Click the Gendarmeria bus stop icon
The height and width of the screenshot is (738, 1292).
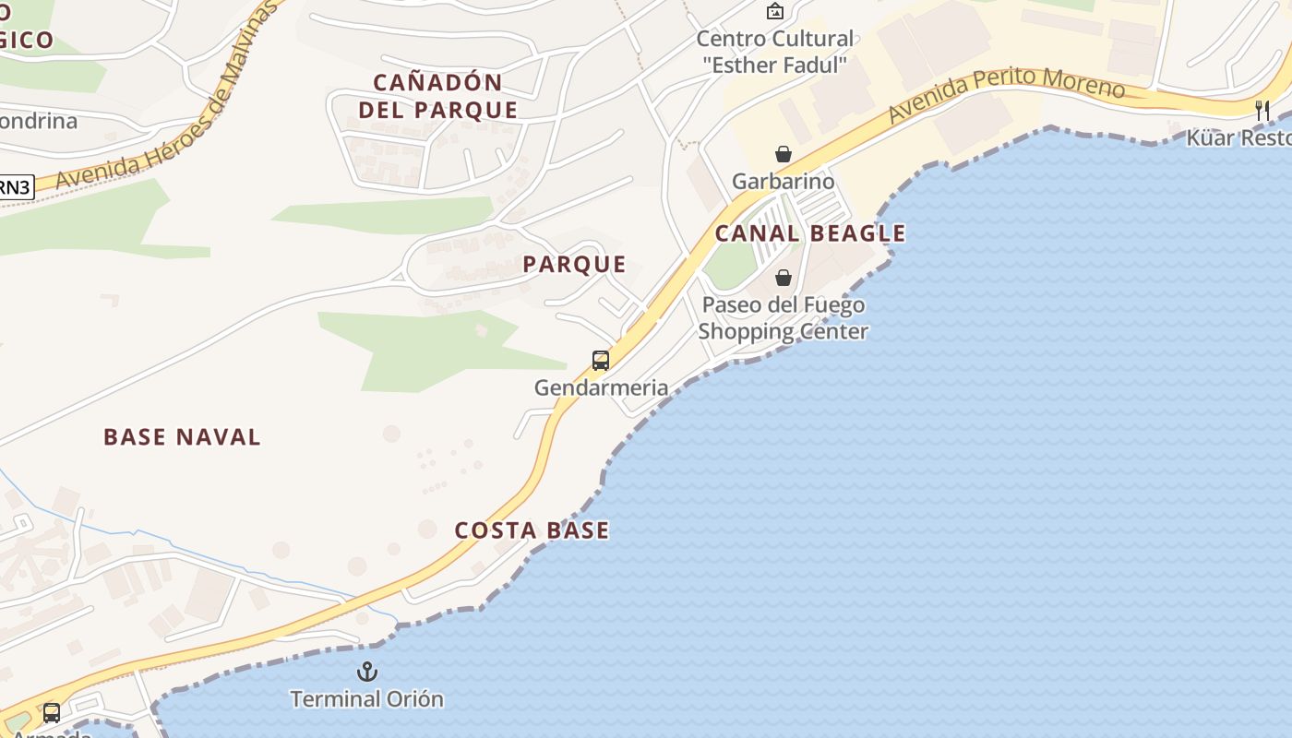(x=601, y=361)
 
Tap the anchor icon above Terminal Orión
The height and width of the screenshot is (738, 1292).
(x=367, y=672)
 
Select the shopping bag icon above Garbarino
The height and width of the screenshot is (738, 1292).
(x=784, y=153)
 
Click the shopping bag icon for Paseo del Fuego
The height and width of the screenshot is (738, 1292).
(x=784, y=278)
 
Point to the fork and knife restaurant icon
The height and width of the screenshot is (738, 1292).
(x=1262, y=111)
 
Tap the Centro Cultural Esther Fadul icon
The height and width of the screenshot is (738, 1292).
(x=775, y=12)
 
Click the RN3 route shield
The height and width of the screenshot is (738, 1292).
(x=15, y=187)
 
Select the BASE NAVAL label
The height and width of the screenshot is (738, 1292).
(x=182, y=437)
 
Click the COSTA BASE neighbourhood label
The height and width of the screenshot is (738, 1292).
(x=532, y=530)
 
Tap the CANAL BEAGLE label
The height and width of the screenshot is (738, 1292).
(x=810, y=234)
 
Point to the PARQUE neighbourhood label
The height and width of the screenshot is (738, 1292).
(x=574, y=265)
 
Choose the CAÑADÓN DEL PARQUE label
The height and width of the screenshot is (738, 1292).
(x=437, y=96)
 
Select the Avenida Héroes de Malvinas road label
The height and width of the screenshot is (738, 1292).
(x=166, y=101)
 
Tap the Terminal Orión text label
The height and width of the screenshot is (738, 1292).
(x=366, y=699)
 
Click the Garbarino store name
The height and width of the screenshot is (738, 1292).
(x=783, y=181)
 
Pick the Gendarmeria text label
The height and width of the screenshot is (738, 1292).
(x=601, y=387)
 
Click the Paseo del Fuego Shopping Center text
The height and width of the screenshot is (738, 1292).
(x=784, y=318)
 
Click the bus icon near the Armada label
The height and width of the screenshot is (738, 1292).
(x=52, y=713)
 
